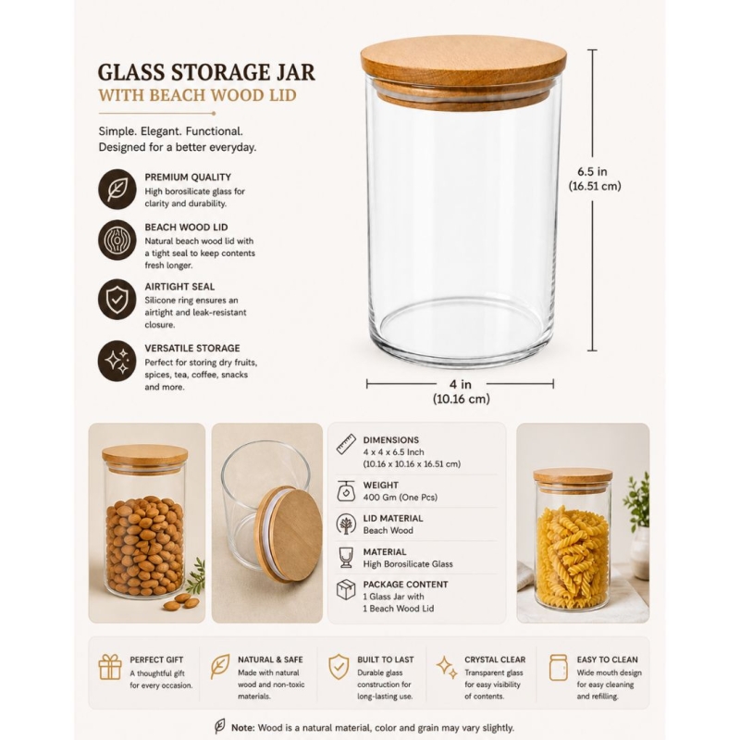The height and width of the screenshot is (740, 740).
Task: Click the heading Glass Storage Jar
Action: click(206, 72)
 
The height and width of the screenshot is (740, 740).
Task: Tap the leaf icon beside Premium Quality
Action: click(117, 190)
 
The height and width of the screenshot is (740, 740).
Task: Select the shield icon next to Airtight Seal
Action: click(117, 299)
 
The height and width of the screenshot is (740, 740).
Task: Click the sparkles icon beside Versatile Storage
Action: click(117, 361)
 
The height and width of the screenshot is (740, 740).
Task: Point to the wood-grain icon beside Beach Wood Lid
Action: click(117, 240)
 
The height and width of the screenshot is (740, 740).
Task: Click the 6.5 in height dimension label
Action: click(594, 179)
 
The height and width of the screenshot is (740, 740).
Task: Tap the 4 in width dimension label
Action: click(461, 391)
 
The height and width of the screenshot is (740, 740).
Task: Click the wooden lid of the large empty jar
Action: click(464, 71)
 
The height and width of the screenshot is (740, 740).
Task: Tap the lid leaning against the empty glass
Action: click(289, 529)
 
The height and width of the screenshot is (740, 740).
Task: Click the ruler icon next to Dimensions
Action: click(346, 444)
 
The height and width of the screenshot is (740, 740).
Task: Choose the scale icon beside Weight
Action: click(346, 491)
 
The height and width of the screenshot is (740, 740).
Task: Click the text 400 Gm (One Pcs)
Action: click(401, 498)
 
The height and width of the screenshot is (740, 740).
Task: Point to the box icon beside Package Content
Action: click(346, 589)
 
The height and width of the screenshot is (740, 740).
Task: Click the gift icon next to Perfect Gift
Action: click(110, 667)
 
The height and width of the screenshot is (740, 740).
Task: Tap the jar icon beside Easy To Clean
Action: click(559, 667)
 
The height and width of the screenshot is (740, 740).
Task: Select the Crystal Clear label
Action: click(495, 660)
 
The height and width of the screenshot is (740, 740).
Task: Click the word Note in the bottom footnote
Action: click(242, 728)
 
